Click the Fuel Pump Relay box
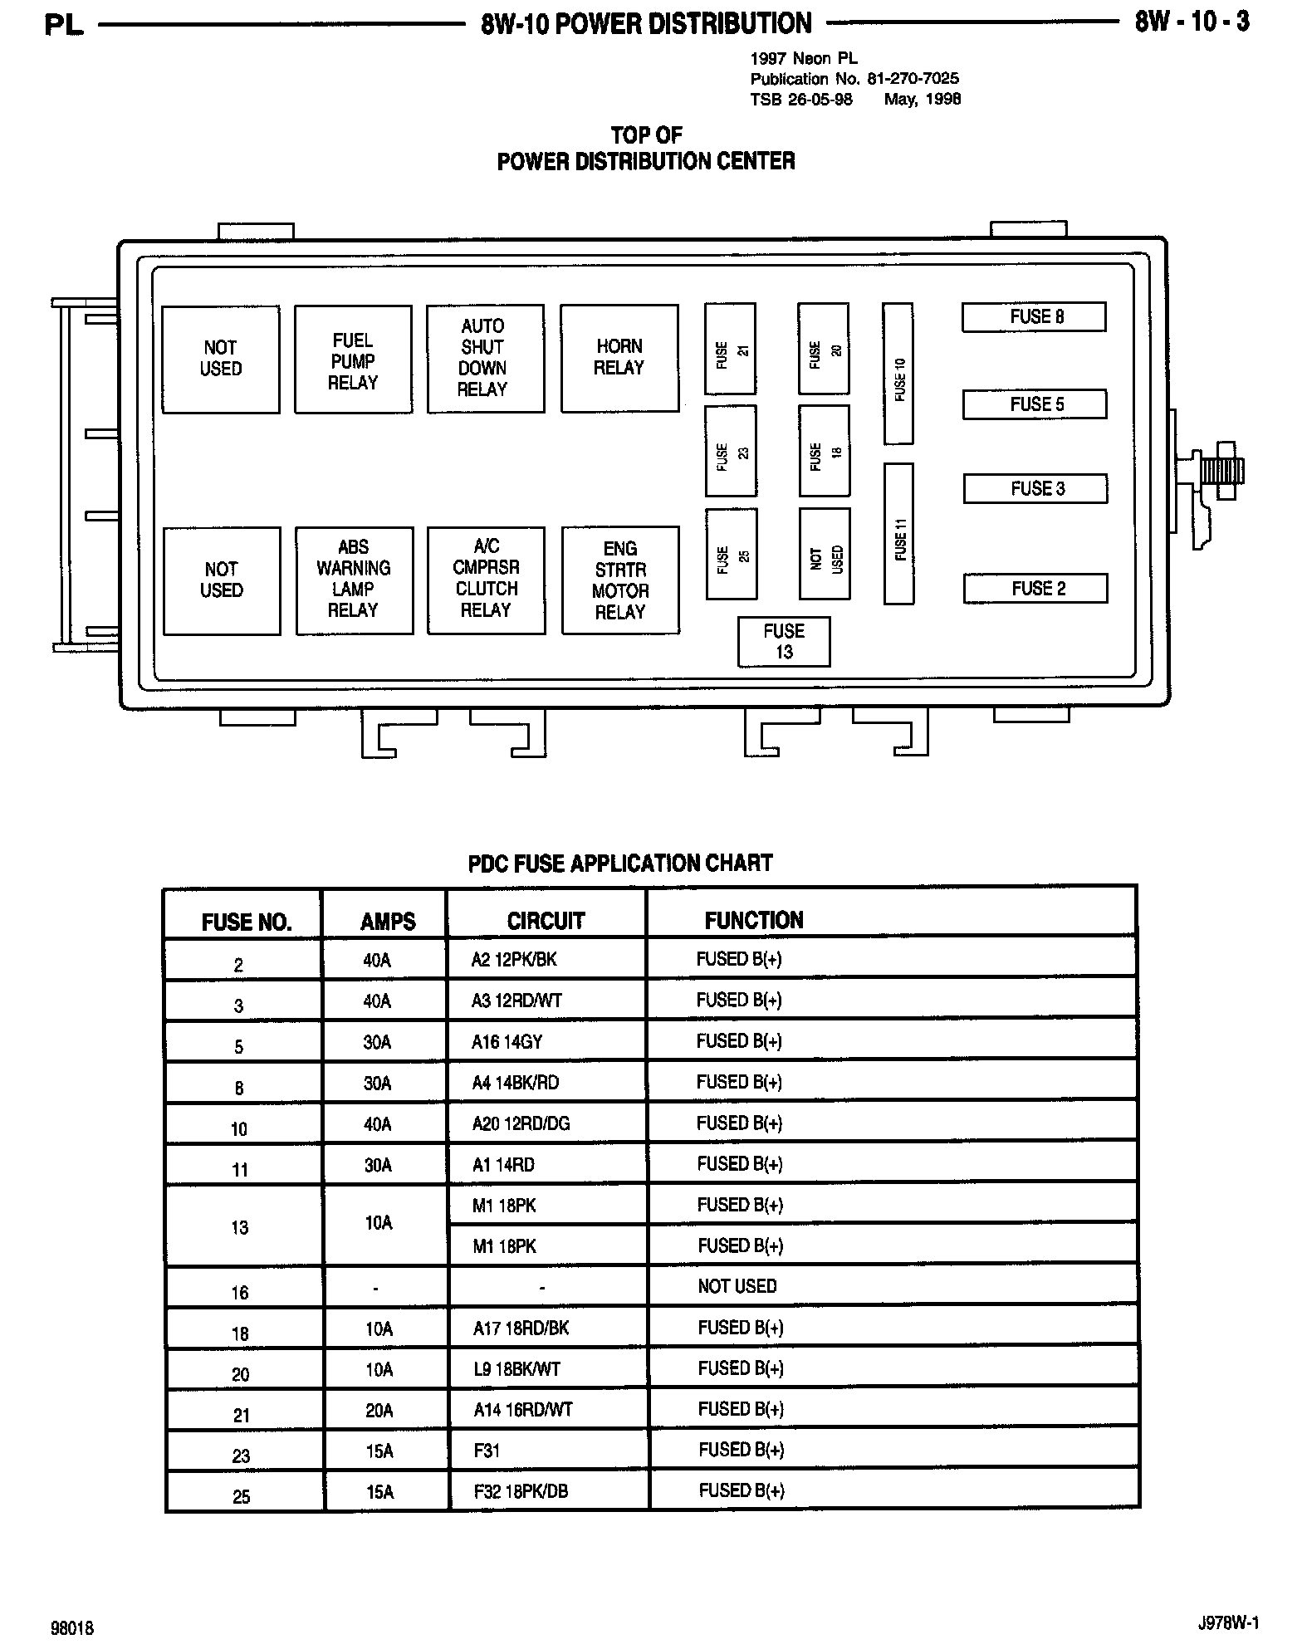coord(353,360)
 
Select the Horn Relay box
coord(619,358)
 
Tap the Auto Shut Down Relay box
coord(485,358)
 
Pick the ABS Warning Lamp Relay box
coord(354,580)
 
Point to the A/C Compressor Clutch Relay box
coord(486,580)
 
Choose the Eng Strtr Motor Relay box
coord(620,580)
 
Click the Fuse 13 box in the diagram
coord(783,641)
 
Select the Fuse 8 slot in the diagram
coord(1034,317)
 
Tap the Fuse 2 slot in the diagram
coord(1035,589)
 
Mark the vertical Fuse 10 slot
coord(898,374)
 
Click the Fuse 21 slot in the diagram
coord(730,349)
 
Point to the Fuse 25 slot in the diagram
coord(731,554)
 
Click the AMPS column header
coord(387,921)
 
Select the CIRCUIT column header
coord(546,921)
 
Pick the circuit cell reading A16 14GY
coord(507,1042)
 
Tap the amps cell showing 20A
coord(378,1410)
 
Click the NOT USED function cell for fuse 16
coord(737,1286)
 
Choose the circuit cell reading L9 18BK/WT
coord(516,1368)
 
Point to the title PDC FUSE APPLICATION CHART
coord(620,864)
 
